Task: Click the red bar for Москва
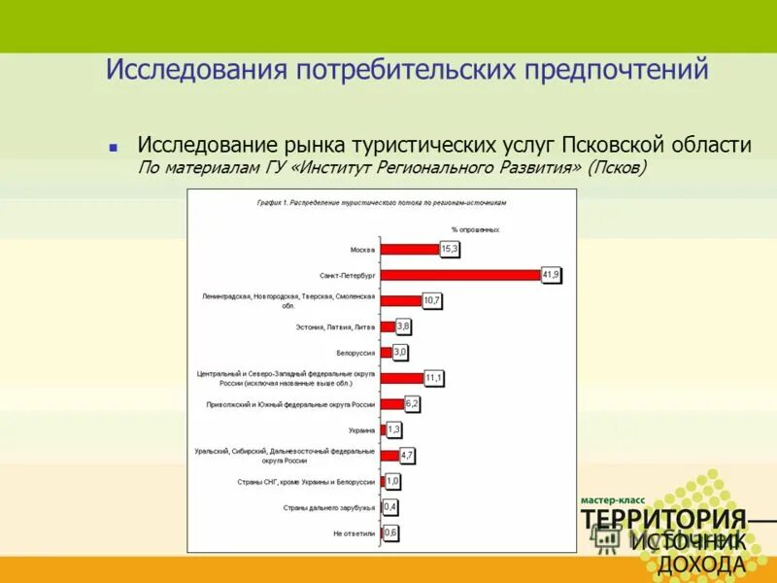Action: point(409,250)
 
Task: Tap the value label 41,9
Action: point(551,275)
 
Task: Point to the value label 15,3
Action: point(450,250)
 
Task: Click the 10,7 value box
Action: point(432,301)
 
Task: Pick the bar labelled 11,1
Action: point(401,378)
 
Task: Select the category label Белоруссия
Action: point(356,353)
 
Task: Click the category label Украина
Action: point(361,429)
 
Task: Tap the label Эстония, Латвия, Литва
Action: point(335,327)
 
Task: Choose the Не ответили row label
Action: point(354,533)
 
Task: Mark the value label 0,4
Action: point(390,507)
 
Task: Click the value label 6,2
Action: point(412,403)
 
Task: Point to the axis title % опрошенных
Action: point(475,229)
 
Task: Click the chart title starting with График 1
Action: point(382,203)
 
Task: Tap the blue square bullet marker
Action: point(114,148)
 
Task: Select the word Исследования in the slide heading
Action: point(184,71)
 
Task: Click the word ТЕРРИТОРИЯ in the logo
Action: point(664,519)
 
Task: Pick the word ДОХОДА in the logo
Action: point(702,565)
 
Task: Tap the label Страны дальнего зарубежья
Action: point(328,507)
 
